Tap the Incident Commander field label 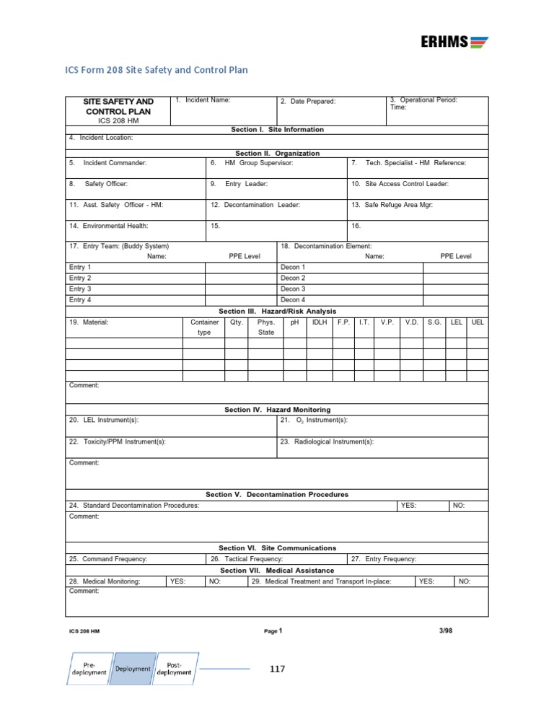click(x=115, y=163)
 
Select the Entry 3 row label click(x=79, y=289)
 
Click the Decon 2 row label click(x=293, y=278)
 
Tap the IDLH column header click(x=319, y=322)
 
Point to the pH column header click(x=294, y=322)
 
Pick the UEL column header click(x=477, y=322)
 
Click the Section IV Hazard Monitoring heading click(x=277, y=410)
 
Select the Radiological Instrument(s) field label click(x=334, y=441)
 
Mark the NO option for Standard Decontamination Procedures click(x=459, y=506)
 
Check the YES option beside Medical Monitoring click(x=177, y=581)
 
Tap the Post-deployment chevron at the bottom click(x=178, y=668)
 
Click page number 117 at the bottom click(x=278, y=669)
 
